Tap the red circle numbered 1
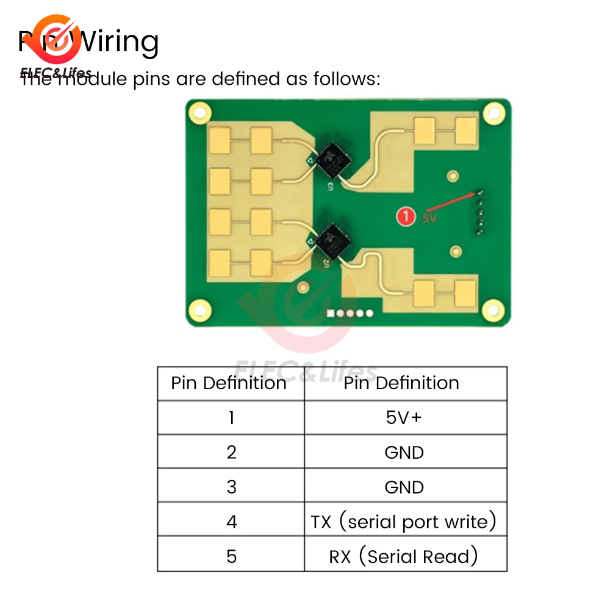[404, 216]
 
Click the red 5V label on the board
[429, 217]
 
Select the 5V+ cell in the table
[404, 418]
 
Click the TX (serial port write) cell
[404, 522]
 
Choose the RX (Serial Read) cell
[404, 556]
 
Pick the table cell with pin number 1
[231, 418]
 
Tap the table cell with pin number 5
[231, 556]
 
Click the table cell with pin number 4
[231, 522]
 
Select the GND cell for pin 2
[404, 453]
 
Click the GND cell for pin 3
[404, 487]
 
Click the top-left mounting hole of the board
[198, 112]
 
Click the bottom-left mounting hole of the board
[198, 310]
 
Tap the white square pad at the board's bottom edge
[331, 313]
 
